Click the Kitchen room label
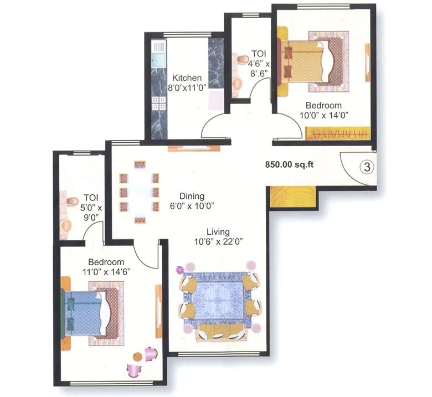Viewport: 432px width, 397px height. pyautogui.click(x=186, y=78)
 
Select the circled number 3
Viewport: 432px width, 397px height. pyautogui.click(x=365, y=165)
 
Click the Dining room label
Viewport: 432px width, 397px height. pyautogui.click(x=192, y=196)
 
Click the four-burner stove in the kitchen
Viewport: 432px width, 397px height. pyautogui.click(x=159, y=102)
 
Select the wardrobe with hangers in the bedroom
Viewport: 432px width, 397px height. pyautogui.click(x=337, y=133)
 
